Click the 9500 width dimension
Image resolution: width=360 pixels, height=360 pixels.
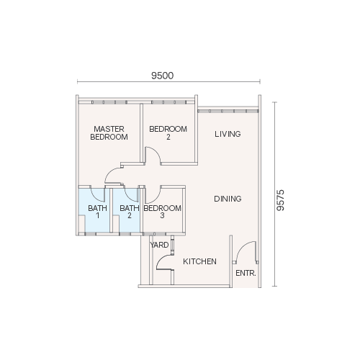162,76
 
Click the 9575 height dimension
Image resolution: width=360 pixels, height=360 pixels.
280,200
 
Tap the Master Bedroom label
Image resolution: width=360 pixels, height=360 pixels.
109,132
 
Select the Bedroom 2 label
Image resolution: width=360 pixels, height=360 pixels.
168,132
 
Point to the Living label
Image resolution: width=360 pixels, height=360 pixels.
228,134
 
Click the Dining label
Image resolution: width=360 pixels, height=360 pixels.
228,199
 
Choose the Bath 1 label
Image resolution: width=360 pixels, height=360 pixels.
97,212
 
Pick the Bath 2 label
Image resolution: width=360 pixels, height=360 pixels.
130,212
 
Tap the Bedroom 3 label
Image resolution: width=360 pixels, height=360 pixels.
162,212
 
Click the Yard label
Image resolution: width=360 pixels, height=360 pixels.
159,245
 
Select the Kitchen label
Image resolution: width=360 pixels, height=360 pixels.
199,261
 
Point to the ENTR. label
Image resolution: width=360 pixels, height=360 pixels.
246,273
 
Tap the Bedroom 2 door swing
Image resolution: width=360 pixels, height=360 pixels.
156,152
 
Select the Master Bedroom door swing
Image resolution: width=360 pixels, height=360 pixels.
109,172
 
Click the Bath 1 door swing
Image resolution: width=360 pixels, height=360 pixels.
96,197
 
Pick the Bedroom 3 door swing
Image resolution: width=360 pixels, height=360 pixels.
156,198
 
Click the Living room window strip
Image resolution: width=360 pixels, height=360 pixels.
228,111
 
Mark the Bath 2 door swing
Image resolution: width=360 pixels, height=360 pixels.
129,197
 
